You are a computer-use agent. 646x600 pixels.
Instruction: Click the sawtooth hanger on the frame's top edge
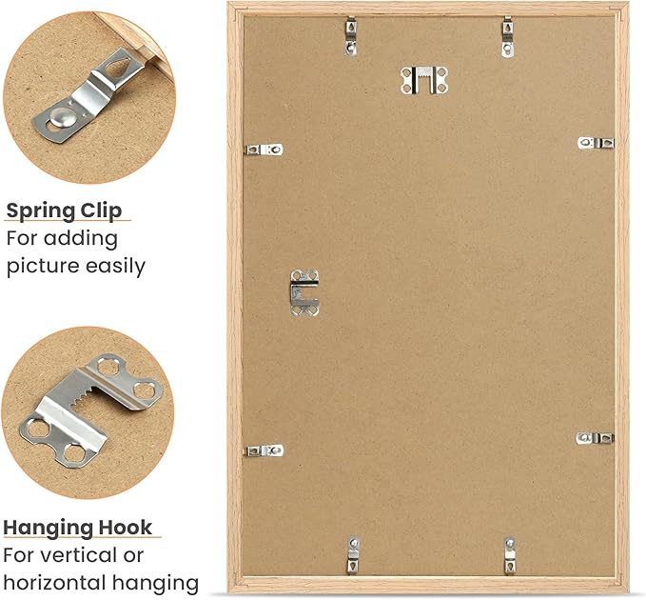pos(423,80)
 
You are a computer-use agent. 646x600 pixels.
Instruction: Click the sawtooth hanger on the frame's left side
pos(304,291)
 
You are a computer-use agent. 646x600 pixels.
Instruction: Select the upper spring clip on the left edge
pos(264,150)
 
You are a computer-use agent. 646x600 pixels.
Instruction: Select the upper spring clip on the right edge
pos(597,143)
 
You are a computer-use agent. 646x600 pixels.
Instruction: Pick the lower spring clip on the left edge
pos(264,450)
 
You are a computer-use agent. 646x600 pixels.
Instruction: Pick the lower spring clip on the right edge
pos(597,438)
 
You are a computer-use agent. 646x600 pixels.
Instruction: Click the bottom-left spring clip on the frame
pos(353,553)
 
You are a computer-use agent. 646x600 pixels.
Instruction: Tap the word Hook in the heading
pos(128,528)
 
